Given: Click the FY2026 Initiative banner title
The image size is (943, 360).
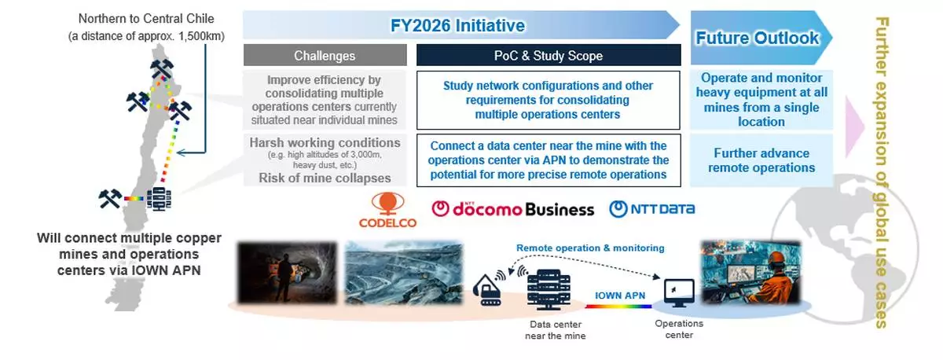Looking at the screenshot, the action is click(x=457, y=25).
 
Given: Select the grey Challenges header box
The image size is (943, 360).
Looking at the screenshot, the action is click(x=325, y=55).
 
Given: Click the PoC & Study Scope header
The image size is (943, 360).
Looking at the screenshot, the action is click(x=549, y=55).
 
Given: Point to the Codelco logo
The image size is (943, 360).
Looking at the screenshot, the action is click(x=387, y=210).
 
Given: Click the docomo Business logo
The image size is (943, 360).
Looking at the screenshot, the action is click(x=512, y=209).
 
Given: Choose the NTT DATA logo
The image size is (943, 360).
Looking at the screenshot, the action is click(x=651, y=209).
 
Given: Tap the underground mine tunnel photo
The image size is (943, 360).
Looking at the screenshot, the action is click(x=288, y=273).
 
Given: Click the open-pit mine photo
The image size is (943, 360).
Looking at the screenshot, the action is click(x=404, y=273).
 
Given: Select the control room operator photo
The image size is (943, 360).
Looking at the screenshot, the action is click(x=751, y=272).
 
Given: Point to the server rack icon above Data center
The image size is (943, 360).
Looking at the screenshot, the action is click(x=549, y=290).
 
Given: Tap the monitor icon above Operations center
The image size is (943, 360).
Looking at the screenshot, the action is click(x=679, y=293).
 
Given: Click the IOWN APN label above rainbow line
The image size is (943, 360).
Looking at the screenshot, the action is click(x=620, y=296).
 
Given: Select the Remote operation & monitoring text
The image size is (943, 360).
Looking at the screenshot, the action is click(x=590, y=248).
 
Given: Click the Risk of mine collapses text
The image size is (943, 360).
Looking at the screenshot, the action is click(x=325, y=178).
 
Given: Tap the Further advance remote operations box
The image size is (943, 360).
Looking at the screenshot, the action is click(x=761, y=160).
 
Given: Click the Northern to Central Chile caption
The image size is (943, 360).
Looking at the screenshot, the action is click(x=146, y=28).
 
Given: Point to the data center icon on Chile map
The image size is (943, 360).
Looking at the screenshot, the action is click(x=159, y=199).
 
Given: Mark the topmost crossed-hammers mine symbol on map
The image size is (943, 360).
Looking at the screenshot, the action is click(x=162, y=68).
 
